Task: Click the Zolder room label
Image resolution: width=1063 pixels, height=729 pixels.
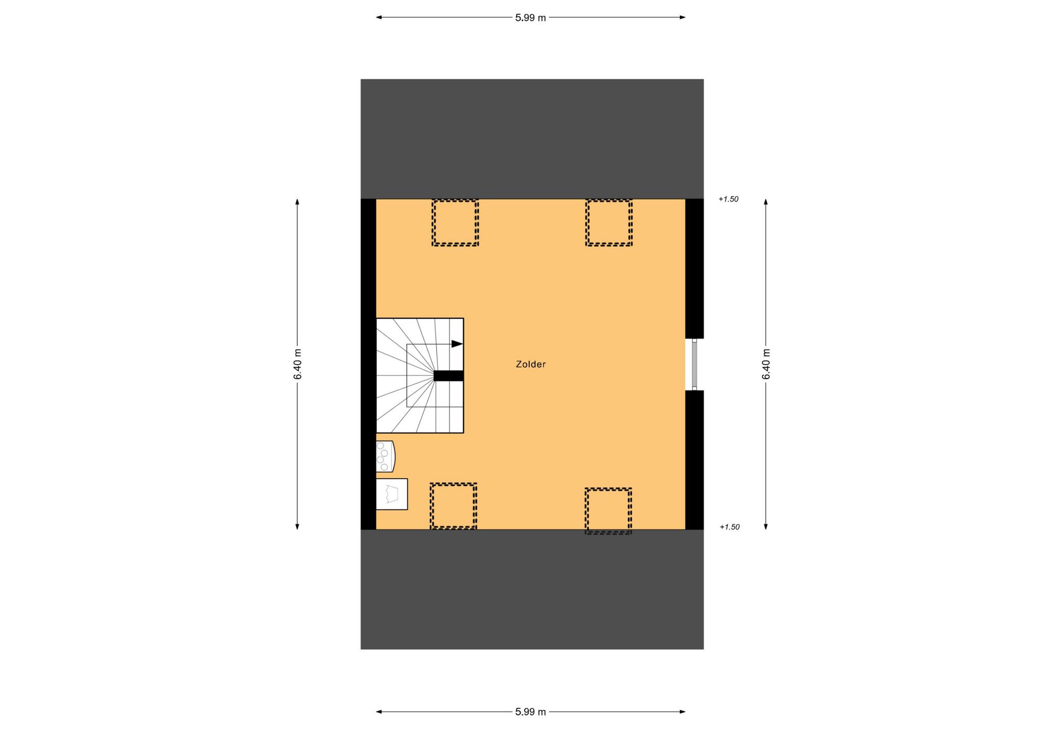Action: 530,365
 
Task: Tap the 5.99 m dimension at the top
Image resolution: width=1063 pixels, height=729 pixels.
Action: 530,18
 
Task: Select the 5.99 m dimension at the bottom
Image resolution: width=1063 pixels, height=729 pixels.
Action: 530,712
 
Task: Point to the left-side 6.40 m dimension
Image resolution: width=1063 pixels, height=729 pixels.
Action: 297,364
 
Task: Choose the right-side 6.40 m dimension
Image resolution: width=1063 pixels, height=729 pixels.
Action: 766,364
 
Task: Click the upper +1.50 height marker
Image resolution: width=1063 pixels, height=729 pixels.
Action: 728,199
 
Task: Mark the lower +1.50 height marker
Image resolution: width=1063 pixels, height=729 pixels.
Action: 729,527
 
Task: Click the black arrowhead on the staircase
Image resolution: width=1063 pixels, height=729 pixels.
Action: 457,344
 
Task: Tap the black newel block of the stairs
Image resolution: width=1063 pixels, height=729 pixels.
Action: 448,376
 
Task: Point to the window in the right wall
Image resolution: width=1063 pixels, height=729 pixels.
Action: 694,365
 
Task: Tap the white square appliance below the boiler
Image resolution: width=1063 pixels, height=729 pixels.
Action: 392,494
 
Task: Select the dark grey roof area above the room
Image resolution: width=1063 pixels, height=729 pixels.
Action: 532,139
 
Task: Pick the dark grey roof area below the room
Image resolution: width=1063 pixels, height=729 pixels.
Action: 532,589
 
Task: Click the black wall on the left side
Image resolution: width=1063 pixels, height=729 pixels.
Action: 369,364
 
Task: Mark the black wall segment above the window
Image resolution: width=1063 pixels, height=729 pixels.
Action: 694,268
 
